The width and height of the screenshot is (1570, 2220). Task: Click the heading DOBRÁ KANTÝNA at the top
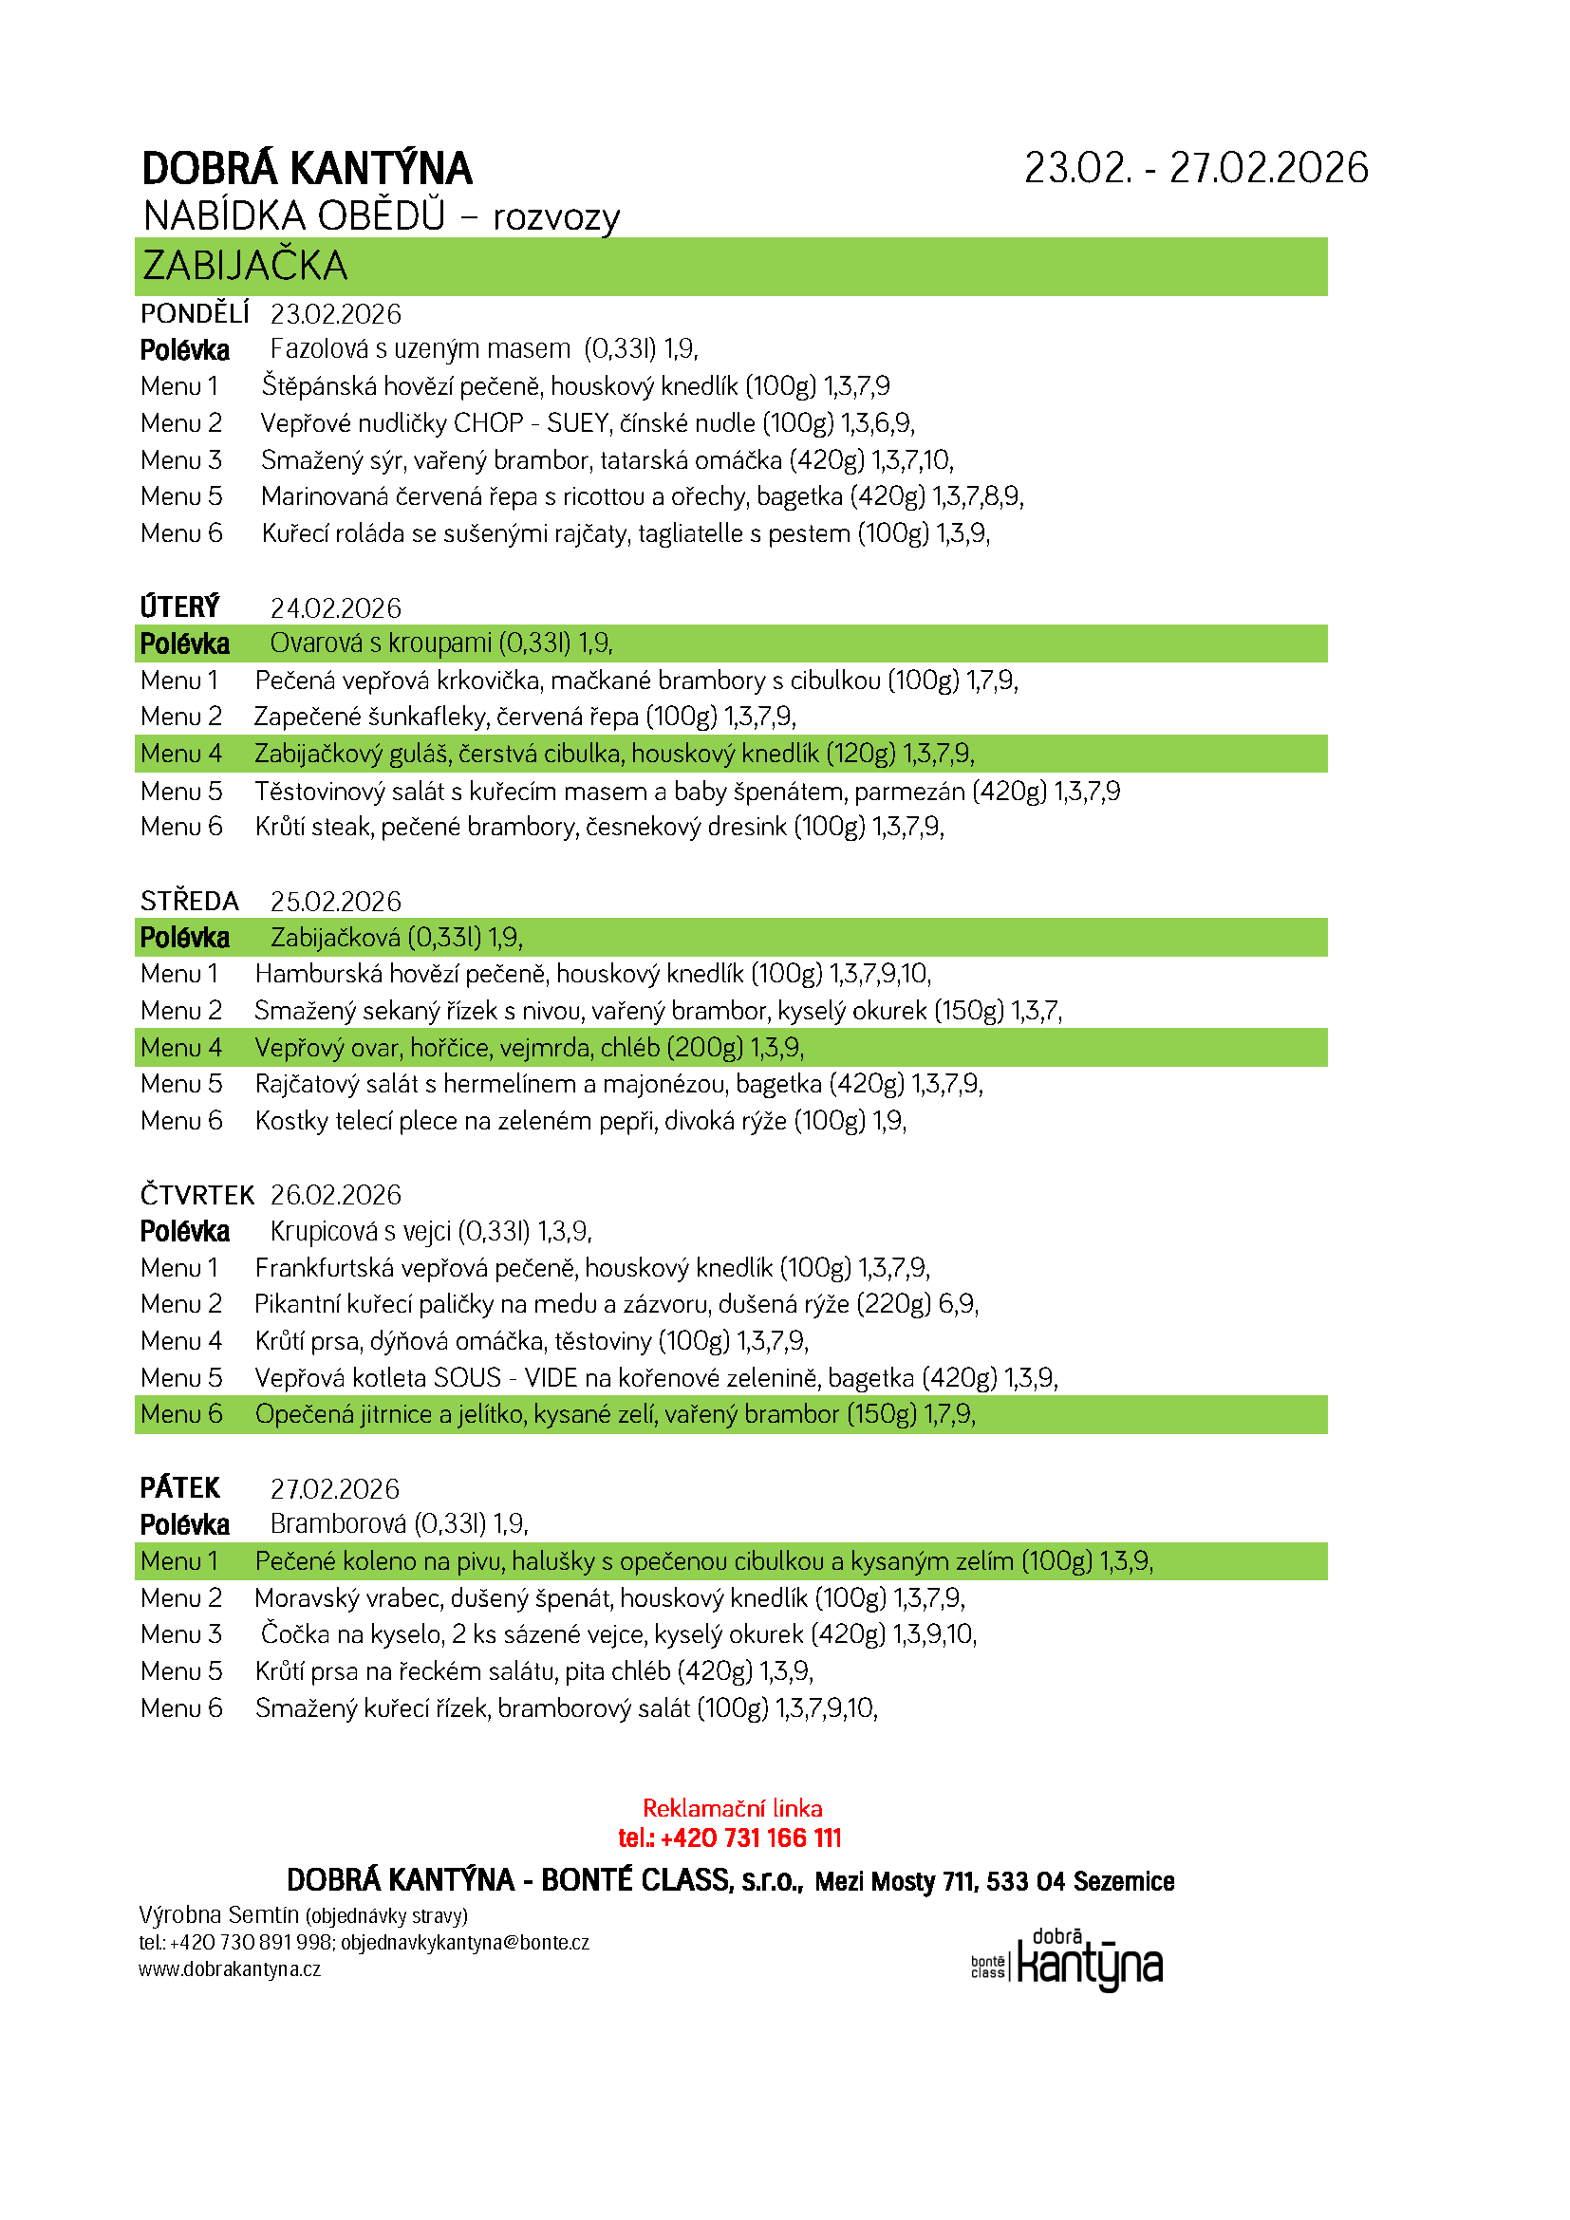307,169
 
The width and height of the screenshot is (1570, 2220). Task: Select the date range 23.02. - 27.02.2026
1196,168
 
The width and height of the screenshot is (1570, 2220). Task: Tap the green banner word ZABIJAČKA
245,266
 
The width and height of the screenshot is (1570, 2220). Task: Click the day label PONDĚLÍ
195,314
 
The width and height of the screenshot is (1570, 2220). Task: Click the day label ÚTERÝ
179,607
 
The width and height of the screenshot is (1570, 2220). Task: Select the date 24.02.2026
335,608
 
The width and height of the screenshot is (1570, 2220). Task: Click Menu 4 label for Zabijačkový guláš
180,755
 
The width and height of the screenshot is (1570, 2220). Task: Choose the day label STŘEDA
190,901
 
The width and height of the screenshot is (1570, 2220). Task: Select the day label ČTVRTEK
196,1195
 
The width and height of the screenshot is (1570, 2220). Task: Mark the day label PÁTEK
179,1488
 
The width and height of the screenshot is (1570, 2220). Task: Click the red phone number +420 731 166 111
750,1838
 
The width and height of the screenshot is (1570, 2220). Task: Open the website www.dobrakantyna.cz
230,1969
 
